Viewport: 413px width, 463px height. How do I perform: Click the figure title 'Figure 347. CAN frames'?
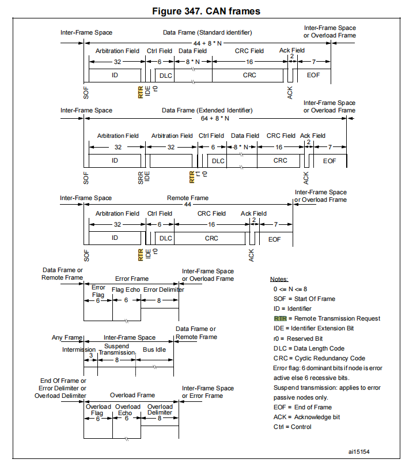(x=206, y=11)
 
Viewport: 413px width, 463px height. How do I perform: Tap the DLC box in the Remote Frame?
(x=166, y=238)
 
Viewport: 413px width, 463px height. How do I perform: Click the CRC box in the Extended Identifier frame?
(x=280, y=160)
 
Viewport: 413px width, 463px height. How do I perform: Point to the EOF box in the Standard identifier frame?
(x=313, y=76)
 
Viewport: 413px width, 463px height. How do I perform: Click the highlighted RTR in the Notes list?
(x=280, y=318)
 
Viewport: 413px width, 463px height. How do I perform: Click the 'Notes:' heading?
(x=280, y=279)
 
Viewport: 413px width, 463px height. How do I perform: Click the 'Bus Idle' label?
(x=154, y=349)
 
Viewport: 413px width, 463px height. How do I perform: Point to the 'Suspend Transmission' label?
(x=116, y=349)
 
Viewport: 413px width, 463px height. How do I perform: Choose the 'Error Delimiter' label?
(x=164, y=289)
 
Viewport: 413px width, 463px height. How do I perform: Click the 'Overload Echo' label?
(x=127, y=410)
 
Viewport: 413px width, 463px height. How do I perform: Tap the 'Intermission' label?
(x=79, y=349)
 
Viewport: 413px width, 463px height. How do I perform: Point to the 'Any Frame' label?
(x=66, y=337)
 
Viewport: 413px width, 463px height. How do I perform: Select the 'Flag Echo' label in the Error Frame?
(x=126, y=289)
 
